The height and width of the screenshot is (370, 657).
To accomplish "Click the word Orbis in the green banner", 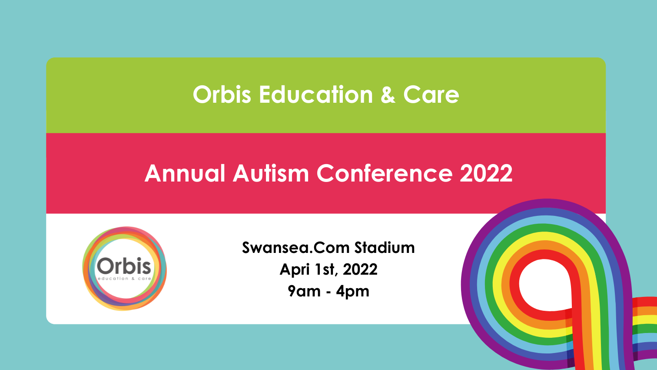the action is pos(222,94).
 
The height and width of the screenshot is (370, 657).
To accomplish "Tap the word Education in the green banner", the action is pos(316,94).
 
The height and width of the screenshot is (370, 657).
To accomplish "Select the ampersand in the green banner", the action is pos(388,94).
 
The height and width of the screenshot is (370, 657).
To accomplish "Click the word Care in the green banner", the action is pos(431,94).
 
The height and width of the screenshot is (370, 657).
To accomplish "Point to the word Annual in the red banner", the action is pos(185,173).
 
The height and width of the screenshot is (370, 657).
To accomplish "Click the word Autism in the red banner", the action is pos(271,173).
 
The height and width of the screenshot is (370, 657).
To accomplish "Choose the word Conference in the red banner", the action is pos(385,173).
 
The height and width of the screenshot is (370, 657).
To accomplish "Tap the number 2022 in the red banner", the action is pos(486,173).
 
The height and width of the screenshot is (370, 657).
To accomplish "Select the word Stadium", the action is pos(385,247).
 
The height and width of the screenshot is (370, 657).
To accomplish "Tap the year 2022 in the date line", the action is pos(360,269).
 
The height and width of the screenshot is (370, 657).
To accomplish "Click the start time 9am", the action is pos(304,291).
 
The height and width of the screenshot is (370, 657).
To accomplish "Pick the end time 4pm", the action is pos(352,292).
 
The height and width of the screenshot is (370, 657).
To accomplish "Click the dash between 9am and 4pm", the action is pos(328,292).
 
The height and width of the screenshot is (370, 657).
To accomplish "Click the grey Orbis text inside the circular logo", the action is pos(124,266).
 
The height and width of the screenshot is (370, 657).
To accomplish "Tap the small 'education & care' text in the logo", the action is pos(124,278).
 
